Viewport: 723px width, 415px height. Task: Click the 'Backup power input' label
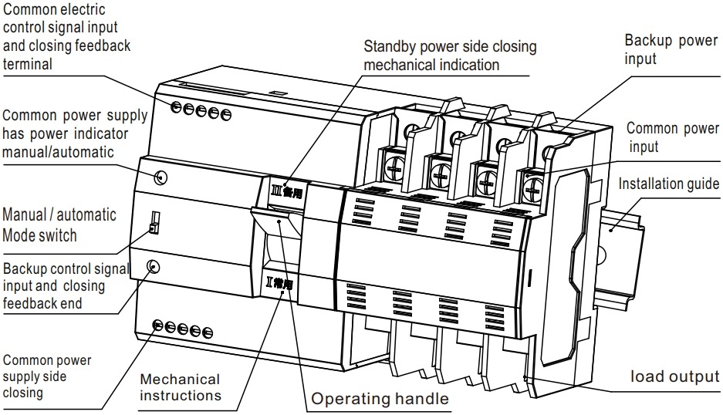671,49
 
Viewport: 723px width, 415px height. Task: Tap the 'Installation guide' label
669,184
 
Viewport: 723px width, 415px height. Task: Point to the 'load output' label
674,377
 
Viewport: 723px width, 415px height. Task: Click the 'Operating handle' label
379,399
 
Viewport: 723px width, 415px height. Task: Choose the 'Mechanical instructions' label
180,387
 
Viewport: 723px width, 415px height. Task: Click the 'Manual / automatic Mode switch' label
59,224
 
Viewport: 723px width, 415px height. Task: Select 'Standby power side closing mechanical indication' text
450,56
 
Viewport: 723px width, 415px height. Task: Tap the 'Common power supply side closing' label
47,376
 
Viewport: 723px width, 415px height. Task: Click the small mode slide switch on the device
154,223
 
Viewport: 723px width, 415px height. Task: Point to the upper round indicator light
160,177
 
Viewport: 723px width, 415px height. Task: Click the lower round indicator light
154,267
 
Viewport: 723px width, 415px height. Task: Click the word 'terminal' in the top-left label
28,65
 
